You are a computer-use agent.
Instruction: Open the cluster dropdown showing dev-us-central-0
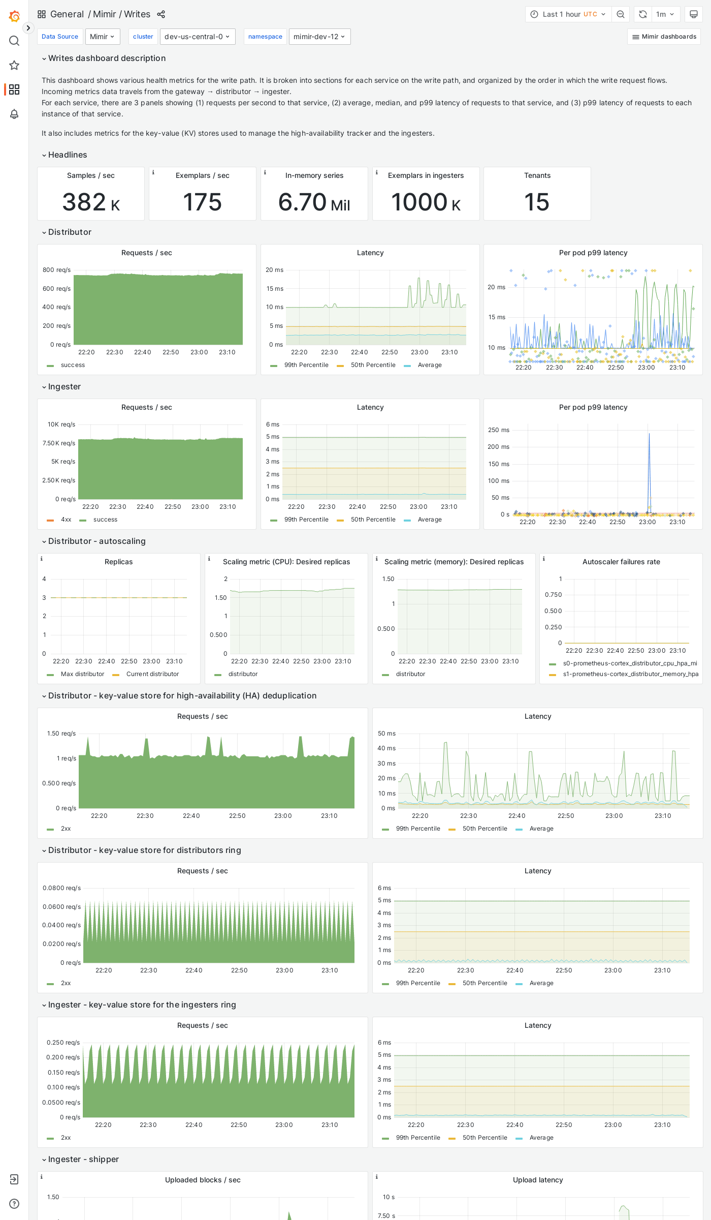point(198,37)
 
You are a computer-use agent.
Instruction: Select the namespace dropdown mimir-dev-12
point(319,37)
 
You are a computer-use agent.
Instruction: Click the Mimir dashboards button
point(664,37)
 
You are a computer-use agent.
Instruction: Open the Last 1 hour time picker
point(568,14)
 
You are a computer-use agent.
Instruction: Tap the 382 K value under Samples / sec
point(91,202)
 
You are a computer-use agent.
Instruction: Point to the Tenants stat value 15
point(537,202)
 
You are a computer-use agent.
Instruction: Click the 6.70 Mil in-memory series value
point(314,202)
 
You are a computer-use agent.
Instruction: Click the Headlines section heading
point(68,155)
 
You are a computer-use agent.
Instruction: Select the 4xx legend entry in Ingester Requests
point(66,520)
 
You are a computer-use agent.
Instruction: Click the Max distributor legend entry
point(82,674)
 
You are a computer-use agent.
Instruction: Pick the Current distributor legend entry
point(152,674)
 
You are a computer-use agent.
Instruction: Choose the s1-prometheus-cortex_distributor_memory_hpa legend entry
point(630,674)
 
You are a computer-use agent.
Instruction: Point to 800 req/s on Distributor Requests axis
point(57,270)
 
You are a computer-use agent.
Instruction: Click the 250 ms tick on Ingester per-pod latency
point(498,430)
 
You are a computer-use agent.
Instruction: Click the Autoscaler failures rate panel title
point(621,562)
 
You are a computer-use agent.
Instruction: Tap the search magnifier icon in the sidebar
point(14,41)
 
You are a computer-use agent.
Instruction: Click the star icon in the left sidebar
point(14,65)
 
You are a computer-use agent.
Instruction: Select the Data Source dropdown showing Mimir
point(103,37)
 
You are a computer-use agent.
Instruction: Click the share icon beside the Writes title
point(161,14)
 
